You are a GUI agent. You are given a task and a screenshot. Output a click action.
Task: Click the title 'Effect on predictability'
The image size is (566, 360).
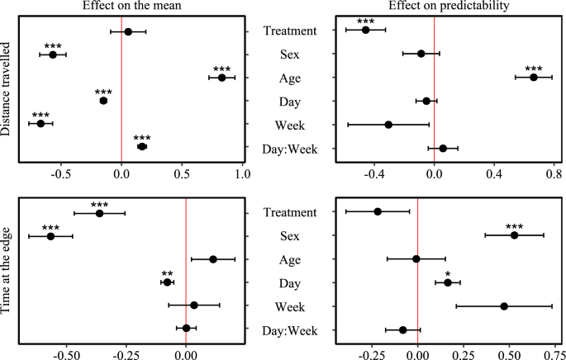[435, 7]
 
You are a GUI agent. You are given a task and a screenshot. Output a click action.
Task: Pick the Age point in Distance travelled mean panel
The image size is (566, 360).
[221, 78]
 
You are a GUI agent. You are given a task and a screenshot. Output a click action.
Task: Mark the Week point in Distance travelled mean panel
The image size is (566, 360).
[40, 124]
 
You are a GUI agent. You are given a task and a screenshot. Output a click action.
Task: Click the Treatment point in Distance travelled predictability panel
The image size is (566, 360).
[366, 31]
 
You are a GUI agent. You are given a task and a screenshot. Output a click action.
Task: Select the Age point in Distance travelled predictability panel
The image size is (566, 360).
[534, 78]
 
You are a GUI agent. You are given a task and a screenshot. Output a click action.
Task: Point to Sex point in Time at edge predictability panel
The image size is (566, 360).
[514, 235]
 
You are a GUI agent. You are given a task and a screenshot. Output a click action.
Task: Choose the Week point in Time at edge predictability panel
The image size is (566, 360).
[504, 306]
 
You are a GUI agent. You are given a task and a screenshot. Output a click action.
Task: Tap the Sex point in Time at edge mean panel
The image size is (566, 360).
[50, 236]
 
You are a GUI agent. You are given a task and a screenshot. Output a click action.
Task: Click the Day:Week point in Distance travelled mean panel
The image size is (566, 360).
[141, 146]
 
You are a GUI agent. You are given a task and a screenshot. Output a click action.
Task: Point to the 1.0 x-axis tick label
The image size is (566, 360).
[243, 175]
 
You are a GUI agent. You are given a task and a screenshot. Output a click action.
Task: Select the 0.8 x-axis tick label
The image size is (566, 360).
[554, 175]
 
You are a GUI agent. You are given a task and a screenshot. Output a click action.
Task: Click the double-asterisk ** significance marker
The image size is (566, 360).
[167, 273]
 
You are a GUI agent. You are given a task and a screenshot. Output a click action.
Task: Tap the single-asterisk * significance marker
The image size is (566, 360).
[448, 273]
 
